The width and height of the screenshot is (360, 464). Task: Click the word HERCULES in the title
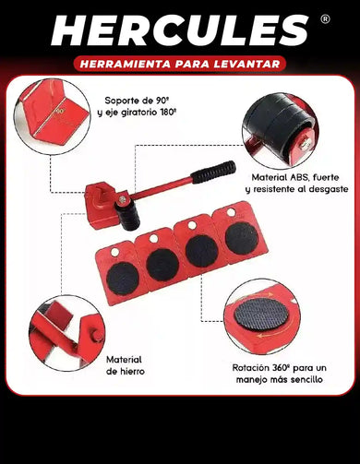[x=180, y=31]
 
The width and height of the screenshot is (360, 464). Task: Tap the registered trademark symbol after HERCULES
[x=325, y=18]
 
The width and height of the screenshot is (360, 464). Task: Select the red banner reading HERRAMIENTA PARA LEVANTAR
[x=180, y=65]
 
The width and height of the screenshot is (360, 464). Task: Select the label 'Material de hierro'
[x=124, y=364]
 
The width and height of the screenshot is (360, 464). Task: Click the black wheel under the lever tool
[x=127, y=216]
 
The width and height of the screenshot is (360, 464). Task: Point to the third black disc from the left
[x=202, y=249]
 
